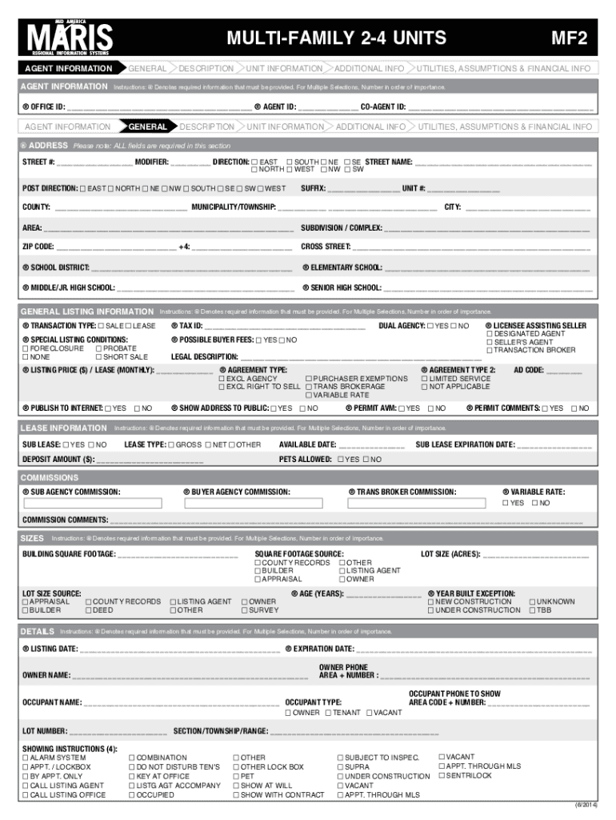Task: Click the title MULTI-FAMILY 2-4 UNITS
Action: tap(336, 38)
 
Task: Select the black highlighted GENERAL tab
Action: tap(147, 127)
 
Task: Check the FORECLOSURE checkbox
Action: tap(26, 349)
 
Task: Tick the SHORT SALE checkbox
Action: tap(98, 357)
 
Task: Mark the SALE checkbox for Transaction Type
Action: tap(101, 327)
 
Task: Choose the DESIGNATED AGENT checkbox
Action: tap(490, 334)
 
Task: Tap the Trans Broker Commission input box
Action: tap(416, 504)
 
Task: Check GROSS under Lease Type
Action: tap(171, 444)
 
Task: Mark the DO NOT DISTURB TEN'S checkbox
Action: tap(131, 767)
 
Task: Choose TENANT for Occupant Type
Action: tap(327, 713)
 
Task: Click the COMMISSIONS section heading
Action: tap(49, 477)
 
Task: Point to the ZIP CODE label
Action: tap(38, 247)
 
